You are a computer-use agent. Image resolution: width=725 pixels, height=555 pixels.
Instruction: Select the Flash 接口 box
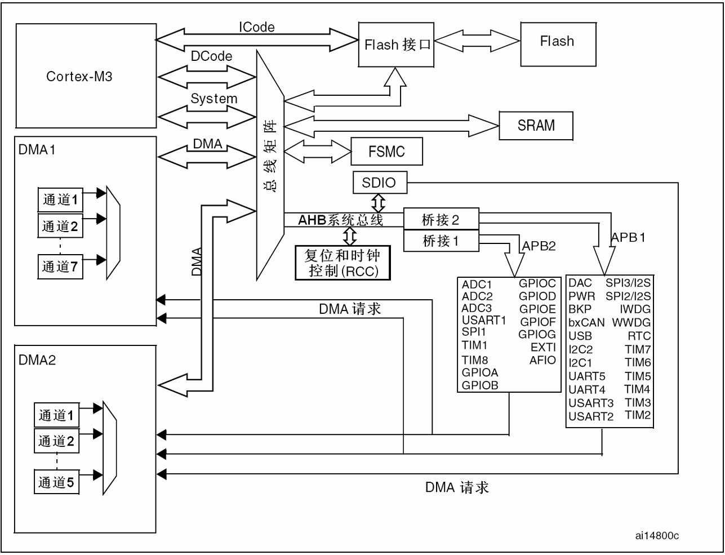coord(397,45)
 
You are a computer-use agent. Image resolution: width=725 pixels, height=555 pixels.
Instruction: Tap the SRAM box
coord(536,126)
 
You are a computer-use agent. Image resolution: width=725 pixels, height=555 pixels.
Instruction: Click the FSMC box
coord(386,152)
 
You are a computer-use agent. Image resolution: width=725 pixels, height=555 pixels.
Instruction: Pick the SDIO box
coord(379,183)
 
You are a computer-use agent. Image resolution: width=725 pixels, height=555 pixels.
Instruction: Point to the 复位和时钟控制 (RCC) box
coord(343,263)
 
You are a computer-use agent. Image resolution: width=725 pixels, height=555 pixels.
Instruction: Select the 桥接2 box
coord(441,220)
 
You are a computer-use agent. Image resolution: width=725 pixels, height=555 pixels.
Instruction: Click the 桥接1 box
coord(441,241)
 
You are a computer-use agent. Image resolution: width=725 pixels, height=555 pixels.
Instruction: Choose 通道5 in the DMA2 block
coord(56,482)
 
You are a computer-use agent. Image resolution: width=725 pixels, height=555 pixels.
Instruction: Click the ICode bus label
coord(256,27)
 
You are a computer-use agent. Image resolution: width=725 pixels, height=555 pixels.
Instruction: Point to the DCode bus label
coord(211,56)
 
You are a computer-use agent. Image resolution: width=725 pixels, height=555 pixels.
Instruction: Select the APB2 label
coord(539,246)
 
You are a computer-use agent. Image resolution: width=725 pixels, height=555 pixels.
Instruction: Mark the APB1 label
coord(628,237)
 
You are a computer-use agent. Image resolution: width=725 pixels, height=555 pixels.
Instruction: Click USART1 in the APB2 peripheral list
coord(484,321)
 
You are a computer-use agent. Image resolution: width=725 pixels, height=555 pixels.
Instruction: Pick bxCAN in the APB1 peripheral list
coord(586,323)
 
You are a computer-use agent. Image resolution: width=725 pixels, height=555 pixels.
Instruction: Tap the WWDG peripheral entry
coord(631,323)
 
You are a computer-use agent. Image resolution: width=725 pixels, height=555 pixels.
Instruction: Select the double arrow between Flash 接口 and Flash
coord(476,41)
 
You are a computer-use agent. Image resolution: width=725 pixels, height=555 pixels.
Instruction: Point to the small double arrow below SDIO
coord(379,201)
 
